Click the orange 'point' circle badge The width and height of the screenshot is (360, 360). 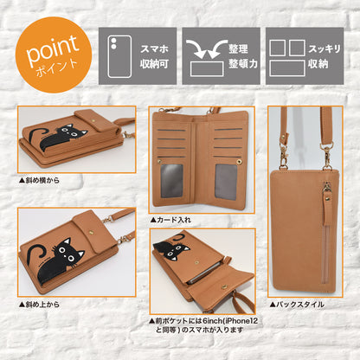[54, 55]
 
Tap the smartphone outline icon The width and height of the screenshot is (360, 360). [119, 56]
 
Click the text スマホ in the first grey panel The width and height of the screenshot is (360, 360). [154, 48]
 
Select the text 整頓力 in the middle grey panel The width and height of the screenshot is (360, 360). [243, 64]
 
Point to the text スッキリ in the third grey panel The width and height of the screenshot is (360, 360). [325, 48]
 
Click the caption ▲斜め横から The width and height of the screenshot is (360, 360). [39, 181]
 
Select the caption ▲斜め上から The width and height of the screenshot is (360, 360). [39, 305]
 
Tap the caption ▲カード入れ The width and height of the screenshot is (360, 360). [170, 220]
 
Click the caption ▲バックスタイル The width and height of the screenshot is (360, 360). [297, 305]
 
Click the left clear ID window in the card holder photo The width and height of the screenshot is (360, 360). [171, 181]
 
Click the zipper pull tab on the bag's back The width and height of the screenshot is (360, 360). [327, 210]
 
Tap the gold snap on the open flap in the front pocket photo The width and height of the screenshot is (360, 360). [225, 286]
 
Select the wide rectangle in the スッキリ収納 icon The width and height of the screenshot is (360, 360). [287, 68]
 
